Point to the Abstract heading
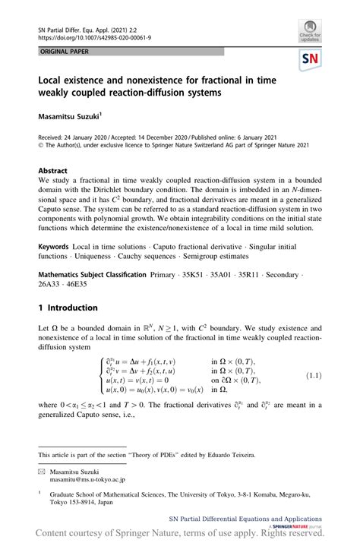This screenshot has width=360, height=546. pyautogui.click(x=54, y=171)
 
